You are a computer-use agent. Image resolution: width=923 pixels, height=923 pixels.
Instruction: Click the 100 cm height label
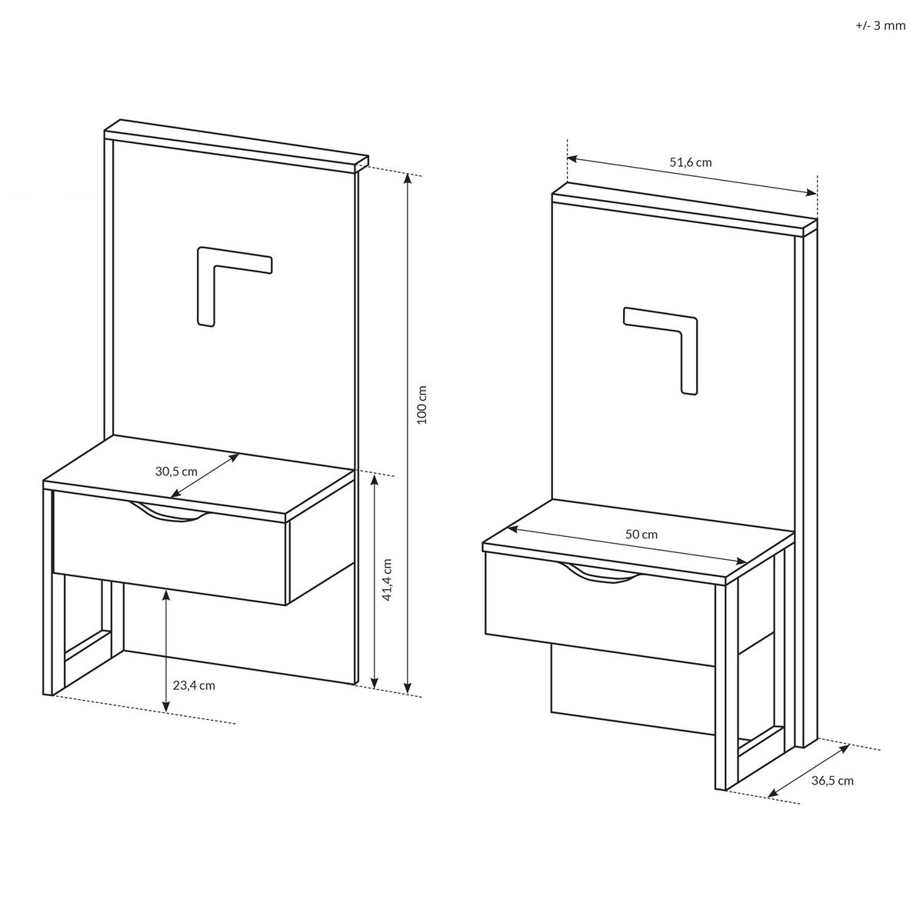tap(422, 405)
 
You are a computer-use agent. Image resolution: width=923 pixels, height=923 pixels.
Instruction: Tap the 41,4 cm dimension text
tap(388, 580)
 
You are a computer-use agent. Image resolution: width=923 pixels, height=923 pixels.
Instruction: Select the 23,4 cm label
tap(194, 685)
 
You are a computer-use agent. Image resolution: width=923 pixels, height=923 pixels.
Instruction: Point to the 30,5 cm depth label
tap(176, 471)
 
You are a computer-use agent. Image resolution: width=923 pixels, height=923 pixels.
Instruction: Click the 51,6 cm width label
tap(691, 162)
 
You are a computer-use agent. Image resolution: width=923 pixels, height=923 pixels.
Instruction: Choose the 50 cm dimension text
tap(641, 534)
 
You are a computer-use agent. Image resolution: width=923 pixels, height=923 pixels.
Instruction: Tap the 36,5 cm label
tap(832, 780)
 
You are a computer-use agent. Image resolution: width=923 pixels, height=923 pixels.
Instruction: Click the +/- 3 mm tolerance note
tap(881, 26)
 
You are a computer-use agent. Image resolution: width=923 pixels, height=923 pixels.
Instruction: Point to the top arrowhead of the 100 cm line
tap(408, 178)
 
